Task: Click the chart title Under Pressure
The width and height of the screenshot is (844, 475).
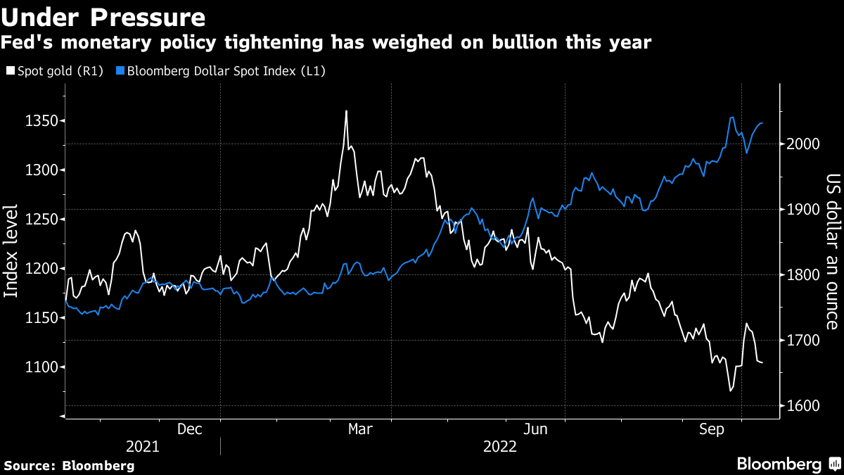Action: (103, 16)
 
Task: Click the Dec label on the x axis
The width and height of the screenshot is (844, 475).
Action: (190, 429)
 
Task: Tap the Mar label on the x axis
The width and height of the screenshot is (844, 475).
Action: (361, 429)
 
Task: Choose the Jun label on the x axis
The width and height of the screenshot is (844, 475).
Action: (536, 429)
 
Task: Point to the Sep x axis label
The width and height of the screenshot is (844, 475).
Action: (713, 429)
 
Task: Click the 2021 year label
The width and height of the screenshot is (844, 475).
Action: (143, 447)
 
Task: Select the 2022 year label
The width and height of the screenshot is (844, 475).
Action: (499, 447)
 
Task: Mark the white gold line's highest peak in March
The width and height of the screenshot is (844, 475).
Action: (346, 111)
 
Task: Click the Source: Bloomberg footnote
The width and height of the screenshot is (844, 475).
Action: (69, 465)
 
